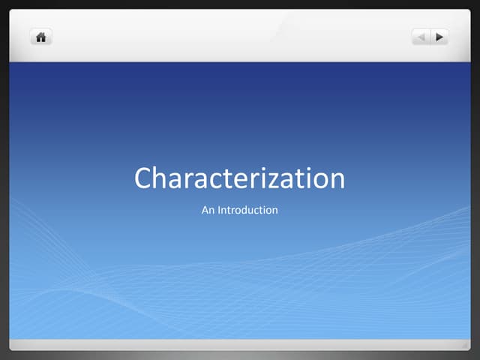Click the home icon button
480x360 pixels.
click(41, 36)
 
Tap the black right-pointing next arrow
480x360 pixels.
click(439, 36)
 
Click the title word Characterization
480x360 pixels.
click(240, 178)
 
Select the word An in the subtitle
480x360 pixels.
click(208, 210)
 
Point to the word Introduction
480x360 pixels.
click(248, 210)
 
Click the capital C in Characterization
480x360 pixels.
click(143, 178)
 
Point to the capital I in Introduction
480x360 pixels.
click(219, 210)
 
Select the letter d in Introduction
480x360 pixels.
click(244, 210)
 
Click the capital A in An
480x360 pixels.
click(205, 210)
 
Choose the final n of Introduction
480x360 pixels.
click(274, 211)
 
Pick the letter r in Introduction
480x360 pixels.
click(232, 211)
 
